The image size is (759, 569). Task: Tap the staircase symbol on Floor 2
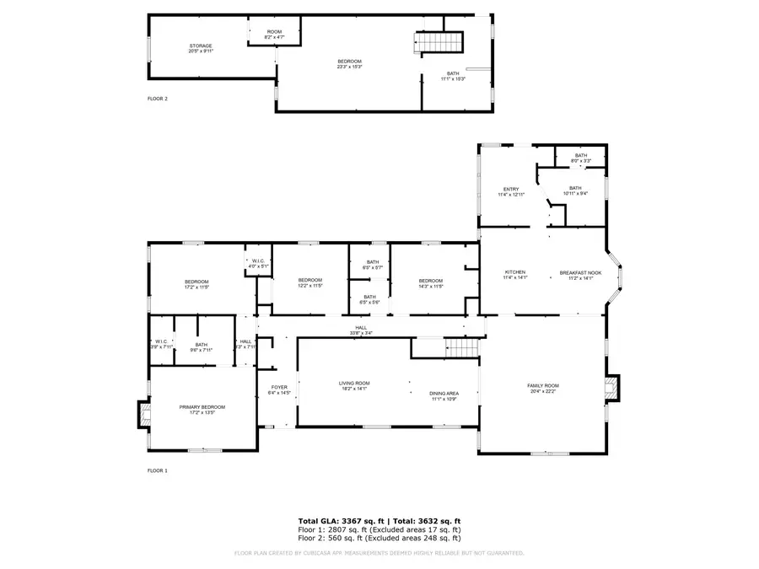[439, 43]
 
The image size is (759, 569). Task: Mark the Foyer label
[278, 390]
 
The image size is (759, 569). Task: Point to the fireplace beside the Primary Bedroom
[142, 414]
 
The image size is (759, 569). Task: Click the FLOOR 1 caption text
[158, 470]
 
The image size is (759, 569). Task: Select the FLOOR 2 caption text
[158, 99]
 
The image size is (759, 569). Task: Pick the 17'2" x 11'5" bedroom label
[196, 284]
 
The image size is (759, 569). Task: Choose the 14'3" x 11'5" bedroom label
[430, 283]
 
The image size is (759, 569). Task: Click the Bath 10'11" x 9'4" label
[575, 191]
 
